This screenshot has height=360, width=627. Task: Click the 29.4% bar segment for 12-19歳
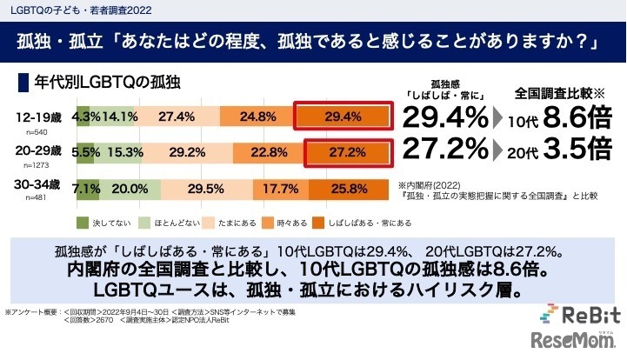(x=340, y=116)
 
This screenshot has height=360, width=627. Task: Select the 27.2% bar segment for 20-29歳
(x=340, y=150)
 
